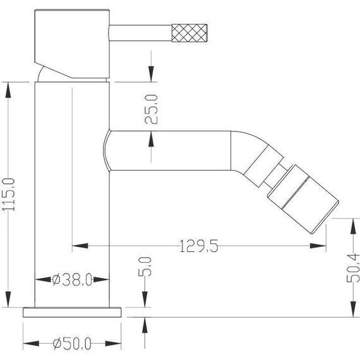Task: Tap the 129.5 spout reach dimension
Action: pos(198,247)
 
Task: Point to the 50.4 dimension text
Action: pos(354,267)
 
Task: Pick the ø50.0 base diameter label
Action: pos(72,344)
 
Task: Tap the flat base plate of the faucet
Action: pos(72,311)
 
